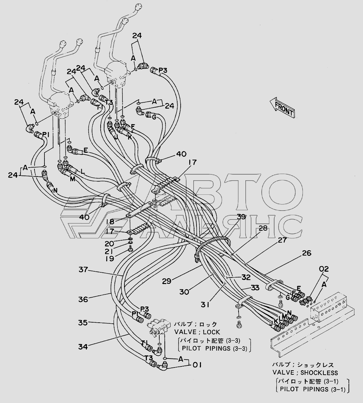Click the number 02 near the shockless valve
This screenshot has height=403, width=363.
324,269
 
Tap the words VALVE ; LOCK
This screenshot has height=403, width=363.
197,332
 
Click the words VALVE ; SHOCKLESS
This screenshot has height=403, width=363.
305,373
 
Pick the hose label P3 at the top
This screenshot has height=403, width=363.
163,71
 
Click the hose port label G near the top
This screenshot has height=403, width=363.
154,117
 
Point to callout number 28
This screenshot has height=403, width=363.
263,228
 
